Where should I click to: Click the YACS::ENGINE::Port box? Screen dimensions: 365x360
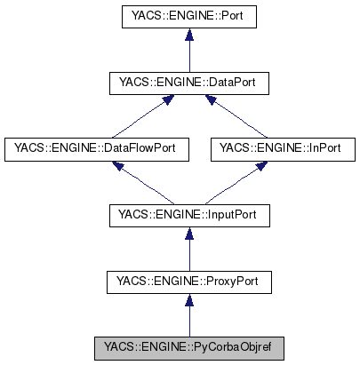tap(188, 17)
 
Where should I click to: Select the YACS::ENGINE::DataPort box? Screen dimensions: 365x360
tap(188, 83)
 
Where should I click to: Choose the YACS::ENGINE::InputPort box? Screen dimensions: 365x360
tap(188, 216)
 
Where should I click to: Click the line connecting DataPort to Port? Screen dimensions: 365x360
tap(188, 55)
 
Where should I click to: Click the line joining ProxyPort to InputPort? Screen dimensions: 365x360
tap(188, 254)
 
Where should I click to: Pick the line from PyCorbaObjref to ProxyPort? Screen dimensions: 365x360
tap(188, 320)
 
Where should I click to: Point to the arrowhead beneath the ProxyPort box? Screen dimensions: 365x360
tap(188, 301)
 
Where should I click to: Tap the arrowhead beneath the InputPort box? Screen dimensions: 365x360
tap(188, 234)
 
